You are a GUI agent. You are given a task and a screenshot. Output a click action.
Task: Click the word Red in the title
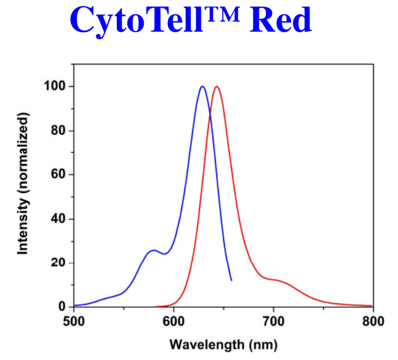pyautogui.click(x=280, y=20)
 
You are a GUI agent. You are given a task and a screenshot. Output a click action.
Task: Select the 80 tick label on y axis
pyautogui.click(x=57, y=131)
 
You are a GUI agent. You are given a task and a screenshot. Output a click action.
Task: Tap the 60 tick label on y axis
pyautogui.click(x=57, y=175)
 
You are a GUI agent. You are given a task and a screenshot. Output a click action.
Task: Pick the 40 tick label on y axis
pyautogui.click(x=57, y=219)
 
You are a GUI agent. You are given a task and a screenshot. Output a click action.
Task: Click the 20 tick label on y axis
pyautogui.click(x=57, y=263)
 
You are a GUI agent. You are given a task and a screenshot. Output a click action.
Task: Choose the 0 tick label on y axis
pyautogui.click(x=60, y=307)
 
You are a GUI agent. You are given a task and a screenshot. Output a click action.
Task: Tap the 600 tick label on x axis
pyautogui.click(x=173, y=321)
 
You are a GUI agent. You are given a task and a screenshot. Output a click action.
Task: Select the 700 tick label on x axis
pyautogui.click(x=273, y=321)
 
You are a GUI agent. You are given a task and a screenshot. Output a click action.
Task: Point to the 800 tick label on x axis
pyautogui.click(x=372, y=321)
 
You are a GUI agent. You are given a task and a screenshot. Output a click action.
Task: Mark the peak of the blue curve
pyautogui.click(x=202, y=87)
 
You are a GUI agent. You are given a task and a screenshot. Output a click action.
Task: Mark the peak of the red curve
pyautogui.click(x=217, y=87)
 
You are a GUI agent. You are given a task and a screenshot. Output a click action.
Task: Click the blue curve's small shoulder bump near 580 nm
pyautogui.click(x=153, y=250)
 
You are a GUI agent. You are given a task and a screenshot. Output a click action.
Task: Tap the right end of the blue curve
pyautogui.click(x=231, y=280)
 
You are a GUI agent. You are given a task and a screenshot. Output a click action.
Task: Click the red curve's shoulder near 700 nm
pyautogui.click(x=276, y=280)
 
